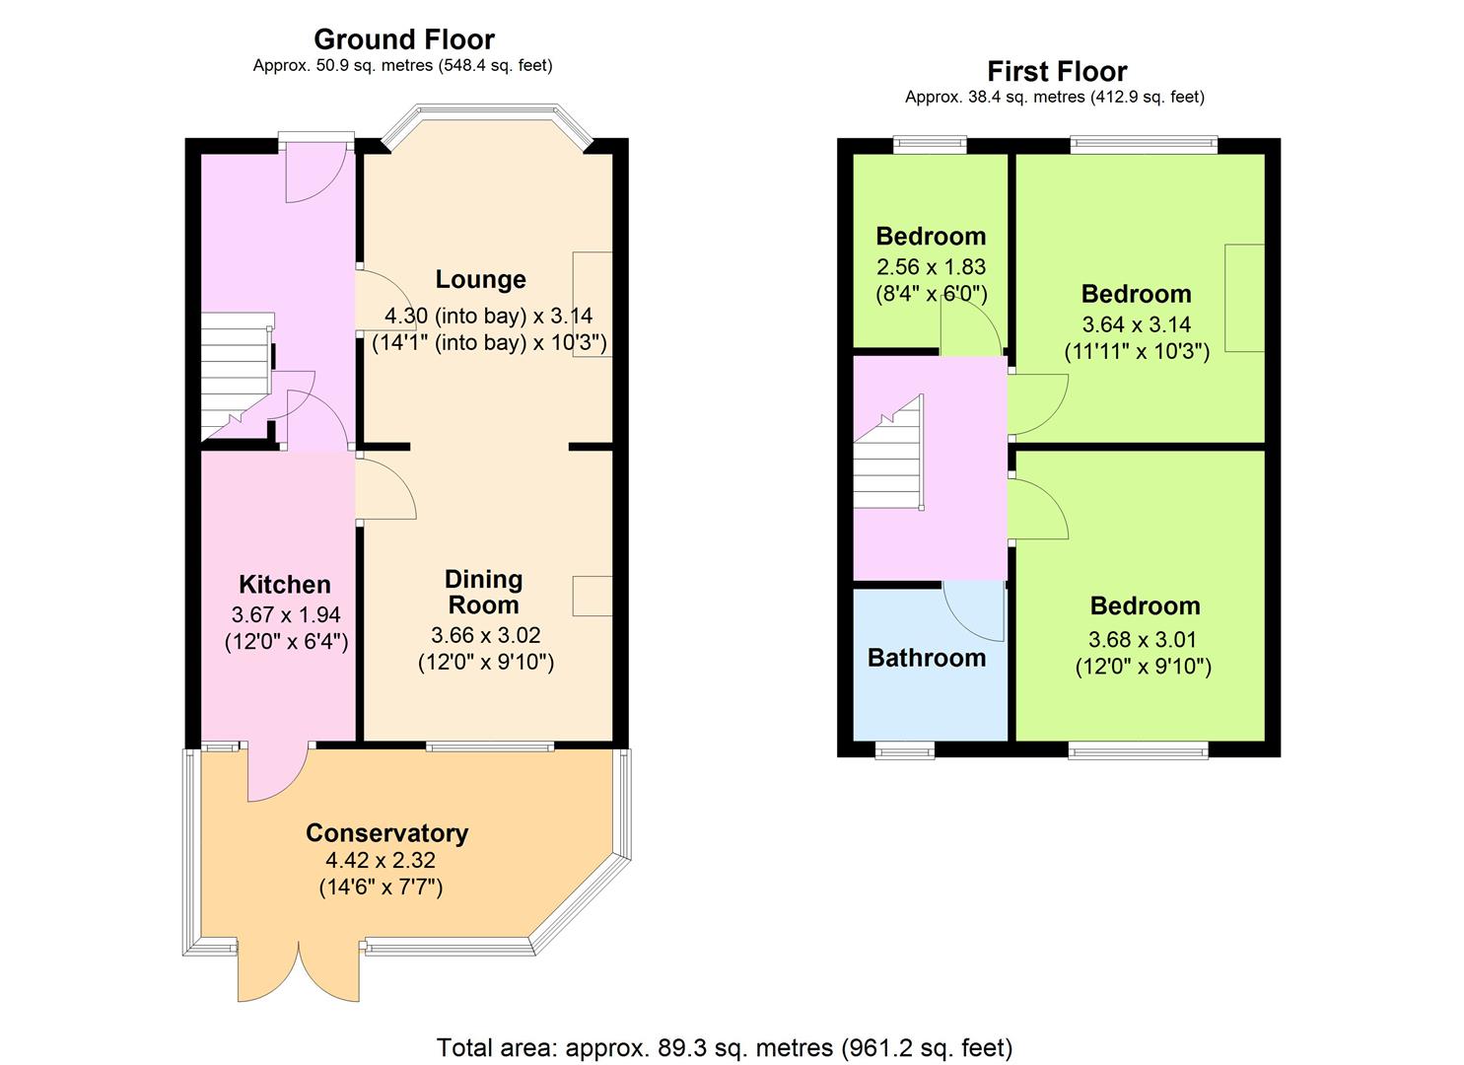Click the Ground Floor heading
(404, 39)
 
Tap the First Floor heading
(1057, 71)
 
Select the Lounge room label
(480, 279)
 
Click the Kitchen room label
(284, 584)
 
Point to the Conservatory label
(386, 832)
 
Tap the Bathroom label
(926, 657)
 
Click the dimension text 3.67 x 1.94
(286, 614)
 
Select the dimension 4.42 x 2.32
(381, 860)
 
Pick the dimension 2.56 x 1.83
(931, 266)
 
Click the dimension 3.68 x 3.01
(1143, 639)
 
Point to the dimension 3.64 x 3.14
(1137, 324)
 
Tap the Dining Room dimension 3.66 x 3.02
(486, 635)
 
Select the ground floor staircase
(237, 377)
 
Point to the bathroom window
(905, 752)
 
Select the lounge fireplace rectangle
(593, 304)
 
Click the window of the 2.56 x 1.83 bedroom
(930, 144)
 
